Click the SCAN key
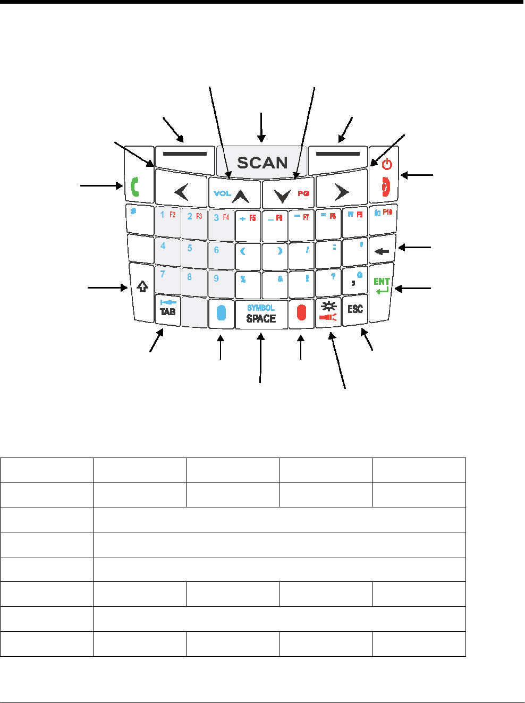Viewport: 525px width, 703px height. coord(261,162)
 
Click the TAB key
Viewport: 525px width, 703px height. coord(168,310)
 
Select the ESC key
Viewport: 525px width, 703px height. coord(355,310)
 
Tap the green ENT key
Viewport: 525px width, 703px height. coord(382,287)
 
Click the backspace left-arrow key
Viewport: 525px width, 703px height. coord(382,250)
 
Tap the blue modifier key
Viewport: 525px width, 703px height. coord(222,313)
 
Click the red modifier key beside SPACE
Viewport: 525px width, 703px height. coord(301,313)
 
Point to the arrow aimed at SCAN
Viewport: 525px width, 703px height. coord(261,128)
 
